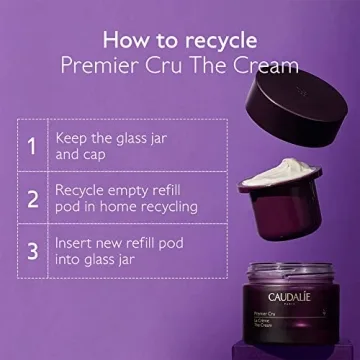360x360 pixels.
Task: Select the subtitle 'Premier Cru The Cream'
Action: (179, 67)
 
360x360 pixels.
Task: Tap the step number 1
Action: (31, 146)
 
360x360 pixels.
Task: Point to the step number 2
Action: (31, 197)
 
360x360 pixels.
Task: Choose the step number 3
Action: (31, 250)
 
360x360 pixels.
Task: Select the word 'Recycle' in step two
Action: (85, 188)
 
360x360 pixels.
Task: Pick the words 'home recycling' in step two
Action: (152, 208)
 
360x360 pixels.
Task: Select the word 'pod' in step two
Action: (76, 208)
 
